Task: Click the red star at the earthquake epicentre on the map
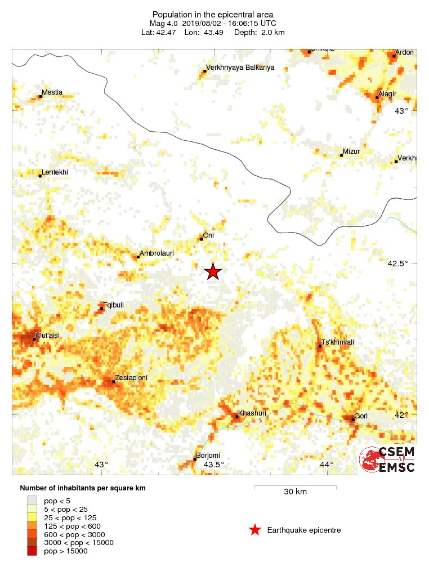213,271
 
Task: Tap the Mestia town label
52,92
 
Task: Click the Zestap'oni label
131,378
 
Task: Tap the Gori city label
361,416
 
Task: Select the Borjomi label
207,456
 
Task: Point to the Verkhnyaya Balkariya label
240,68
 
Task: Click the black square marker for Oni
202,239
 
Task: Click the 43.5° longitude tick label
214,465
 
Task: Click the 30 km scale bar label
295,492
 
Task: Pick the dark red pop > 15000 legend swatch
34,551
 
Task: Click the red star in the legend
255,530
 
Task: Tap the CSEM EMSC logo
388,459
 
